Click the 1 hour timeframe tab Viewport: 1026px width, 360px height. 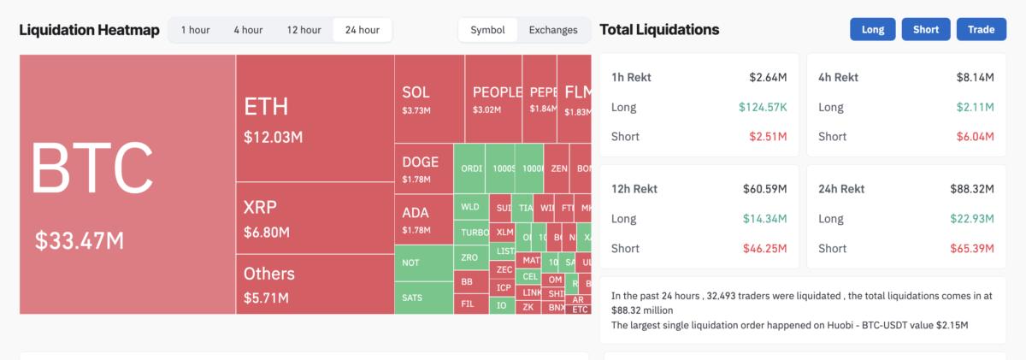pyautogui.click(x=194, y=30)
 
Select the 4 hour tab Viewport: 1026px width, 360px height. pyautogui.click(x=248, y=30)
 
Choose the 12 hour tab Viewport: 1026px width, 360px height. pyautogui.click(x=304, y=30)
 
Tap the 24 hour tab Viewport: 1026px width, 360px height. pyautogui.click(x=363, y=30)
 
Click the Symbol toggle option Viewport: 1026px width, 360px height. pyautogui.click(x=487, y=30)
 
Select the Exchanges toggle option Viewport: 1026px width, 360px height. pyautogui.click(x=553, y=30)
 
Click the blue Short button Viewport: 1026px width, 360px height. pyautogui.click(x=925, y=29)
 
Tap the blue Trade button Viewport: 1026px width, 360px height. pyautogui.click(x=981, y=29)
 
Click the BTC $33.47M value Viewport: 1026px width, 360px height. pyautogui.click(x=80, y=241)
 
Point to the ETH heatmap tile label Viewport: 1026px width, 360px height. pyautogui.click(x=266, y=107)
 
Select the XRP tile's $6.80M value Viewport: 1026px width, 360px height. pyautogui.click(x=266, y=232)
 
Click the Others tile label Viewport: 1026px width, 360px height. pyautogui.click(x=268, y=274)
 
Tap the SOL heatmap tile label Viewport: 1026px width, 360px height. pyautogui.click(x=416, y=92)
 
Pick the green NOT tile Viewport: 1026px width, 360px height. pyautogui.click(x=411, y=263)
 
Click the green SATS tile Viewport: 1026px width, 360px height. pyautogui.click(x=412, y=298)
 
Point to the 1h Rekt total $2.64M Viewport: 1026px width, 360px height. pyautogui.click(x=768, y=78)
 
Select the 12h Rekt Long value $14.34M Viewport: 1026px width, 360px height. pyautogui.click(x=767, y=219)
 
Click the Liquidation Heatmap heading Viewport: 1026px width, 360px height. pyautogui.click(x=89, y=30)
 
